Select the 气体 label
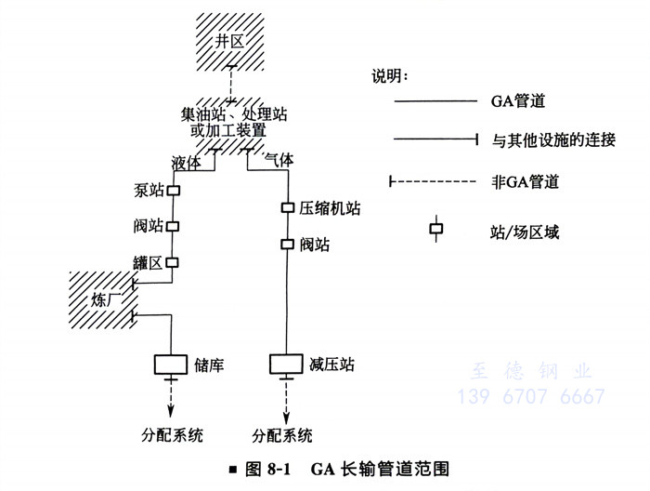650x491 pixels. [279, 160]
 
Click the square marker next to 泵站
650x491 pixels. [173, 190]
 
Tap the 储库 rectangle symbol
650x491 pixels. [172, 362]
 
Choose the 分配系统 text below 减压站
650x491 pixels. [283, 434]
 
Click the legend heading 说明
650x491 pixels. [390, 74]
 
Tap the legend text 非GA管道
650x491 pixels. [525, 181]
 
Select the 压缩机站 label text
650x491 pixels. [331, 208]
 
